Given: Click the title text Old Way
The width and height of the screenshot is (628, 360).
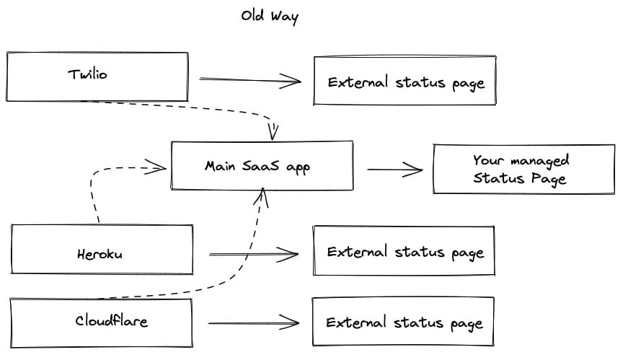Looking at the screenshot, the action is click(270, 17).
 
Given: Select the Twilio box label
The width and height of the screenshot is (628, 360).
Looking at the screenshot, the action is click(87, 74).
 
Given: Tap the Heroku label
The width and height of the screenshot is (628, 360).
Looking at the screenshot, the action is click(99, 254).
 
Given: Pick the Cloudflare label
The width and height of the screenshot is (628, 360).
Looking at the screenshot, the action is click(111, 320).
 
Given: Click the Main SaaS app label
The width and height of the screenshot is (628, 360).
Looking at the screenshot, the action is click(257, 167).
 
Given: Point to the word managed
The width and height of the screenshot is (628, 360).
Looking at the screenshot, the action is click(539, 161).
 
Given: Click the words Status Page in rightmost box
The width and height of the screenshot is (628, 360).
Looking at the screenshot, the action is click(519, 178).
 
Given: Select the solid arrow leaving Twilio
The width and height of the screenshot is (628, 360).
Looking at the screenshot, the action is click(250, 80).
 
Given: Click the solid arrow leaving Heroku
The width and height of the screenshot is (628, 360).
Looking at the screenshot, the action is click(254, 255).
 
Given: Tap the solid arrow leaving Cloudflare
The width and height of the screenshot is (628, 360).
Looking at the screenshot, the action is click(254, 322).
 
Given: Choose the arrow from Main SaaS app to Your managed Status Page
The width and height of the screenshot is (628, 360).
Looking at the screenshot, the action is click(395, 170).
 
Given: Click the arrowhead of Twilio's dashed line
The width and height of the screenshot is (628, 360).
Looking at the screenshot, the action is click(273, 131).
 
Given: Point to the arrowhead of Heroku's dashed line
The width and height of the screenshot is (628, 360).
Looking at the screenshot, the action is click(156, 167).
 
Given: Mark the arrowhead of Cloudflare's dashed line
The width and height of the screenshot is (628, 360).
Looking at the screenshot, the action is click(262, 197).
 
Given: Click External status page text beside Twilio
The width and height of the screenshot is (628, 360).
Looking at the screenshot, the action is click(406, 83).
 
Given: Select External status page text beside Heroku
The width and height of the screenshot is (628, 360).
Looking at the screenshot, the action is click(405, 253).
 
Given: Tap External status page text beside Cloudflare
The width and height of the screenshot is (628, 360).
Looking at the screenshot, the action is click(404, 322).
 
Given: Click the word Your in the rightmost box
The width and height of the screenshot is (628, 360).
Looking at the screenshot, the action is click(488, 160).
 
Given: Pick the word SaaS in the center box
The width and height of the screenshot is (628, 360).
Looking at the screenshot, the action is click(260, 165).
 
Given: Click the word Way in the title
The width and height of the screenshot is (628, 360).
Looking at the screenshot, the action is click(284, 17).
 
